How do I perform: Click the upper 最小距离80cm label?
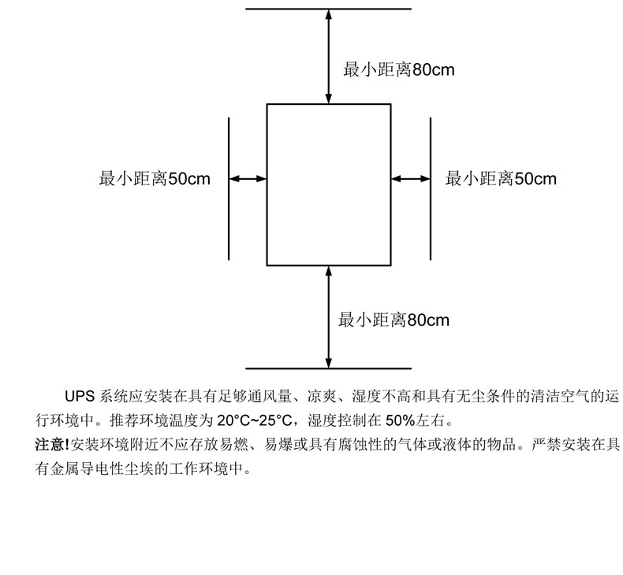(x=398, y=69)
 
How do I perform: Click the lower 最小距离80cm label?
(x=394, y=320)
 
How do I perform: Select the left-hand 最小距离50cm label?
(x=155, y=178)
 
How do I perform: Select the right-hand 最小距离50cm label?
(x=501, y=178)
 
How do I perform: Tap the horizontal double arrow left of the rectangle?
(x=248, y=179)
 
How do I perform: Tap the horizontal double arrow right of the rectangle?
(x=411, y=179)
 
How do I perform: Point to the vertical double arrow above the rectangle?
(x=329, y=56)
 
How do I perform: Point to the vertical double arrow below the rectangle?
(x=329, y=317)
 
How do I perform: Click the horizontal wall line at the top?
(x=329, y=9)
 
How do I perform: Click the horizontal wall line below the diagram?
(x=329, y=368)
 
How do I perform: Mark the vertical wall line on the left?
(x=229, y=189)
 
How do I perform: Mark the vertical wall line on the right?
(x=431, y=189)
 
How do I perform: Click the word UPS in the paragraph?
(x=80, y=396)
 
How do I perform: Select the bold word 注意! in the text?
(x=52, y=444)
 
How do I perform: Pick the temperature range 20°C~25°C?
(x=255, y=420)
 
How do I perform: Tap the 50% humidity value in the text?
(x=401, y=420)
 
